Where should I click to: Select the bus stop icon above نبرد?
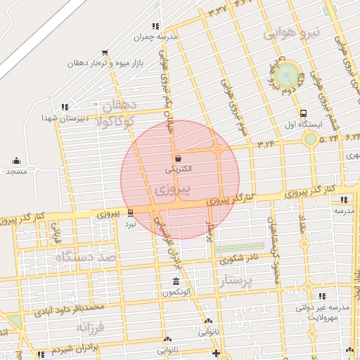click(130, 213)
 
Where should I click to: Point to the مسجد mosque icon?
click(16, 161)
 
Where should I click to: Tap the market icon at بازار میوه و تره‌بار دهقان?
click(105, 52)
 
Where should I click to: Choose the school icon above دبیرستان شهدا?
click(65, 107)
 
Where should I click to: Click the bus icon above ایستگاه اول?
click(302, 112)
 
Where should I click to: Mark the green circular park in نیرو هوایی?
click(287, 76)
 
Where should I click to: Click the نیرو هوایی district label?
click(292, 32)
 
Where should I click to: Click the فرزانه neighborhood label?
click(95, 328)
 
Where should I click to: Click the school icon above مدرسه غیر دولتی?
click(323, 297)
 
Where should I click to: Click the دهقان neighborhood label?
click(119, 105)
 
